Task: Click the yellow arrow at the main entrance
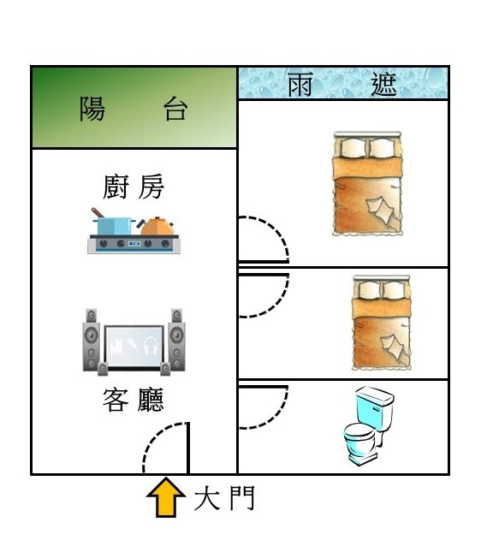click(166, 497)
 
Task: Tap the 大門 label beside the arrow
click(224, 498)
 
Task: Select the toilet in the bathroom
click(369, 426)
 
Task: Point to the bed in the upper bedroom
click(367, 184)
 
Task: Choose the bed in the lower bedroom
click(382, 323)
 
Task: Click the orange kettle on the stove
click(157, 226)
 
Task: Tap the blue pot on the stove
click(113, 223)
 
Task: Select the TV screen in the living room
click(134, 347)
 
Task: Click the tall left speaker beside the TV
click(91, 341)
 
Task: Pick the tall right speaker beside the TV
click(176, 341)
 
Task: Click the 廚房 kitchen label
click(134, 187)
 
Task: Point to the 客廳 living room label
click(134, 400)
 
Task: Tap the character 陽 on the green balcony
click(92, 109)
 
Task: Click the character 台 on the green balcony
click(175, 109)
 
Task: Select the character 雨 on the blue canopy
click(300, 85)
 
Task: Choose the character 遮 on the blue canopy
click(383, 85)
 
